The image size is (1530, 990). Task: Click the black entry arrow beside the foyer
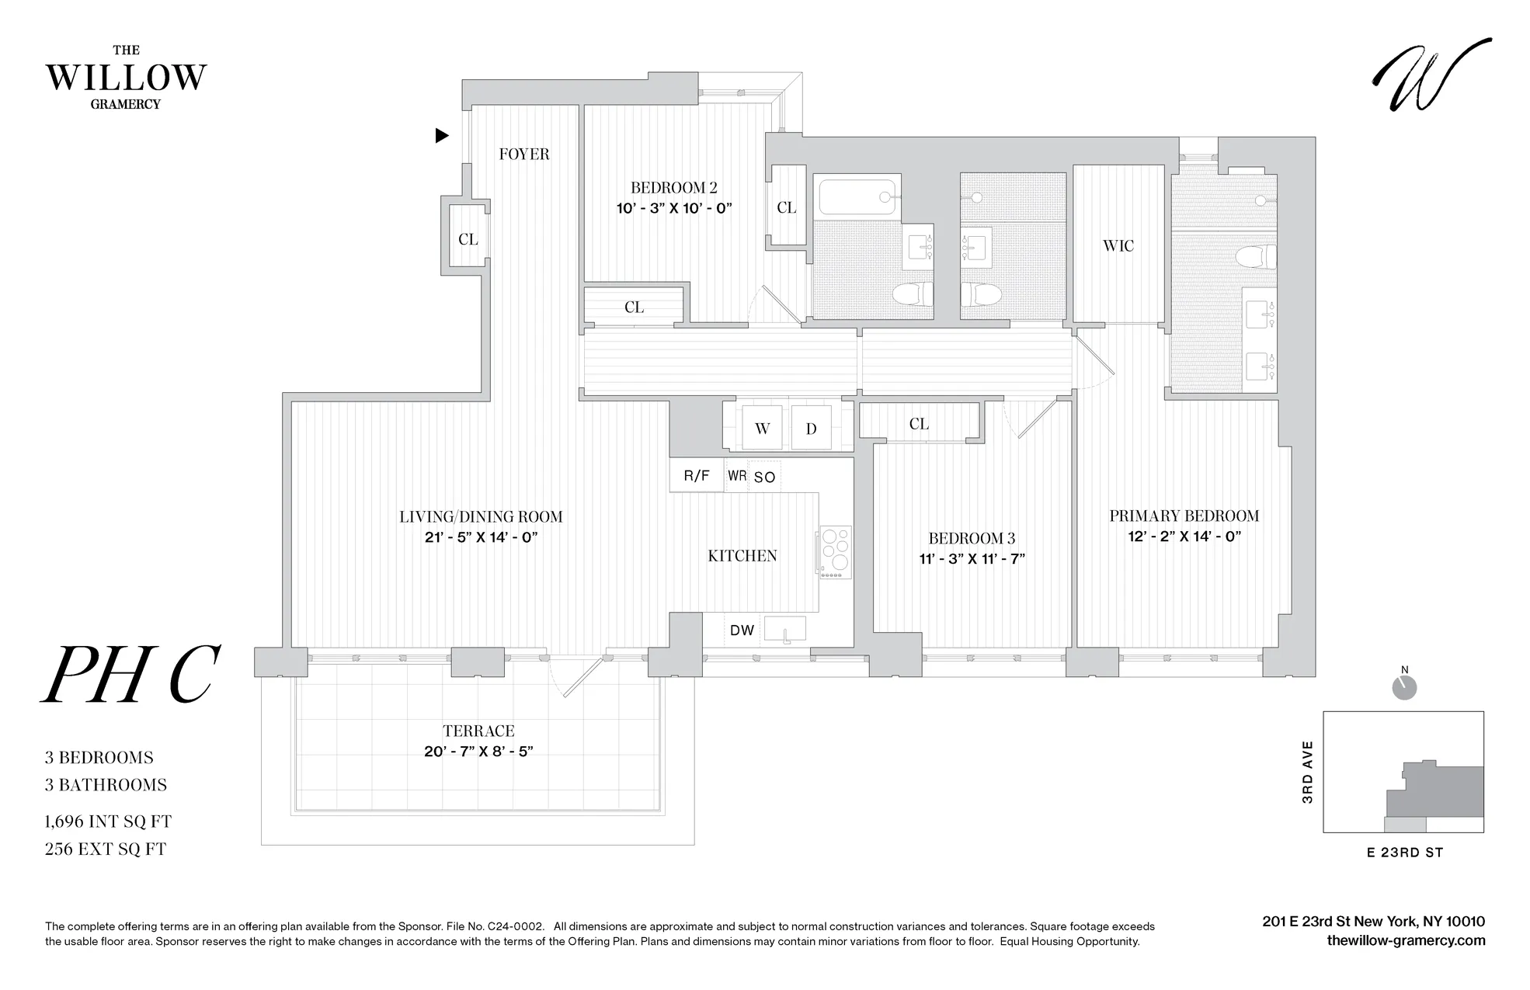tap(442, 136)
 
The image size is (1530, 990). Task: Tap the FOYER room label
tap(523, 154)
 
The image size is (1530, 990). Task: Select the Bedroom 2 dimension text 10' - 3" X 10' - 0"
tap(674, 208)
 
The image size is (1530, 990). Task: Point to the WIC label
tap(1118, 246)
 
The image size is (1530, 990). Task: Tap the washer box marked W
tap(762, 429)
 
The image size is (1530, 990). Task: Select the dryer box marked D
tap(811, 429)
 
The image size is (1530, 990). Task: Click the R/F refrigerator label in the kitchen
tap(697, 476)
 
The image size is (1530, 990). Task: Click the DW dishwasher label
tap(742, 630)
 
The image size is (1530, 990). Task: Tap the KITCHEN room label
tap(742, 555)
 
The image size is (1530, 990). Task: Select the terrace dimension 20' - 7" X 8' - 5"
tap(478, 752)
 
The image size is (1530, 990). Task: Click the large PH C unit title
tap(130, 674)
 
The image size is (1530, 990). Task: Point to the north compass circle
tap(1404, 687)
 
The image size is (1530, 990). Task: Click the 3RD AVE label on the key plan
tap(1307, 772)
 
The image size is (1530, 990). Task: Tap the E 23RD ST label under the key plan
tap(1404, 853)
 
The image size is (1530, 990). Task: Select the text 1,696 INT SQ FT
tap(108, 822)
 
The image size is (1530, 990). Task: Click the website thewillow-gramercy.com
tap(1406, 940)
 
